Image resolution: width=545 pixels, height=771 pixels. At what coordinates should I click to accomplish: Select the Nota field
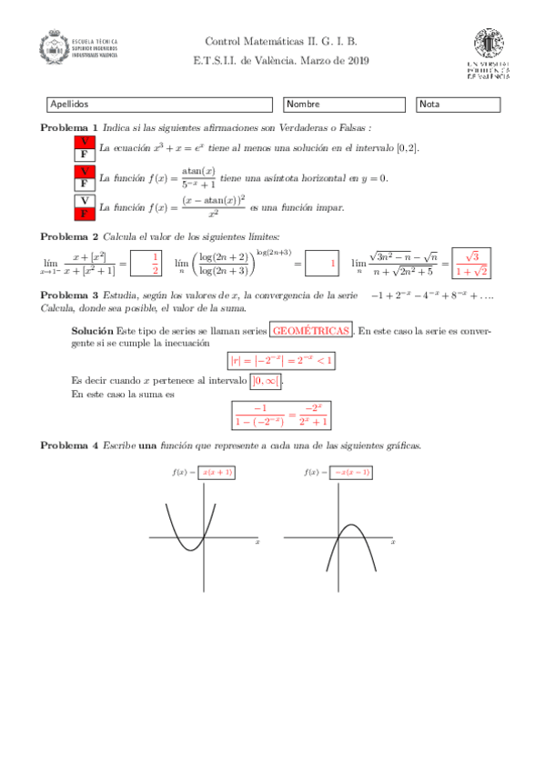tap(458, 105)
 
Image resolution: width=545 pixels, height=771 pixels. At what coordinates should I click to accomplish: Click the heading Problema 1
tap(69, 127)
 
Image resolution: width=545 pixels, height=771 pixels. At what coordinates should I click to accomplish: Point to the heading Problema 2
tap(69, 236)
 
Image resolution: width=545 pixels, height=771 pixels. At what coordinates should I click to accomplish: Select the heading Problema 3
tap(69, 295)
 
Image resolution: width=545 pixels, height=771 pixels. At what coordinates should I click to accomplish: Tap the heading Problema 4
tap(69, 445)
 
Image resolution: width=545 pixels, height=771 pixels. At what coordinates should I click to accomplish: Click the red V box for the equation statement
tap(84, 142)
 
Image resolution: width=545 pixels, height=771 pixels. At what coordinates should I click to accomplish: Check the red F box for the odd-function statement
tap(84, 214)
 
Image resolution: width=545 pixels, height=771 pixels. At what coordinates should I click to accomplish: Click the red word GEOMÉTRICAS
tap(311, 332)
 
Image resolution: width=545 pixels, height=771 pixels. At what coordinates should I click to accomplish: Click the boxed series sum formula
tap(281, 415)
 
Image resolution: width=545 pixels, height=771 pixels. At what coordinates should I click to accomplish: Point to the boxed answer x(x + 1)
tap(217, 472)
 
